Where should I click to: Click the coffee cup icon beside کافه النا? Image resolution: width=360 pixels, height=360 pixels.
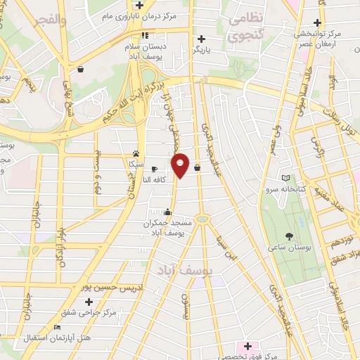(x=155, y=169)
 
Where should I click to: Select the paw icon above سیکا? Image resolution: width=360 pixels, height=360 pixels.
(x=136, y=153)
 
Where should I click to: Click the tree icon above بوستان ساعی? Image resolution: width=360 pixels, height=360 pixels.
(x=288, y=236)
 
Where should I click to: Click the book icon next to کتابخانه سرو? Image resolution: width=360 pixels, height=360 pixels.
(x=285, y=176)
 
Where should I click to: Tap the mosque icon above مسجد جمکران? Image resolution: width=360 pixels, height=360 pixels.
(x=167, y=212)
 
